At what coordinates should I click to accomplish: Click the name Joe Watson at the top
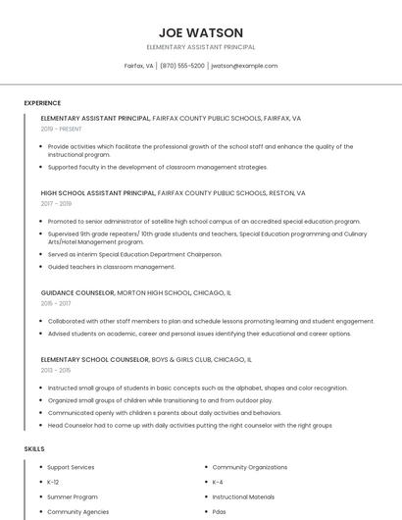pos(200,32)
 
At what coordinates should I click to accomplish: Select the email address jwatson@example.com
pos(244,66)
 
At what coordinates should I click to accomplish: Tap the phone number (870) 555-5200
pos(182,66)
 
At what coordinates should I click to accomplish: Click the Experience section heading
pos(42,103)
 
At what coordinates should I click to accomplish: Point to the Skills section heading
pos(34,448)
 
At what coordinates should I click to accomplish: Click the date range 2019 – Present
pos(62,129)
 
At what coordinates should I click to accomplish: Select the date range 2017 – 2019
pos(56,204)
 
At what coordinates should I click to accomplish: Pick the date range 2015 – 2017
pos(56,304)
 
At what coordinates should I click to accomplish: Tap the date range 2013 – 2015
pos(56,371)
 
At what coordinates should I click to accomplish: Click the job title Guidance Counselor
pos(77,292)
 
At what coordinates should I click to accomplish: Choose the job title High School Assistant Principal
pos(98,193)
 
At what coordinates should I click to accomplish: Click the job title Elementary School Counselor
pos(95,360)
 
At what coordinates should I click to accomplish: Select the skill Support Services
pos(71,467)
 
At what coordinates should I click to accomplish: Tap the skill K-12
pos(53,482)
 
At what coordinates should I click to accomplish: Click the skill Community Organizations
pos(250,467)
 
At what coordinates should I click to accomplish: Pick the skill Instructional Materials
pos(244,496)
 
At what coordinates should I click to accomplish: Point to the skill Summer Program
pos(73,496)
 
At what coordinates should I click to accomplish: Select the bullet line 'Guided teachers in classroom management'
pos(112,267)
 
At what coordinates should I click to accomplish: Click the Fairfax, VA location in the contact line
pos(138,66)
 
